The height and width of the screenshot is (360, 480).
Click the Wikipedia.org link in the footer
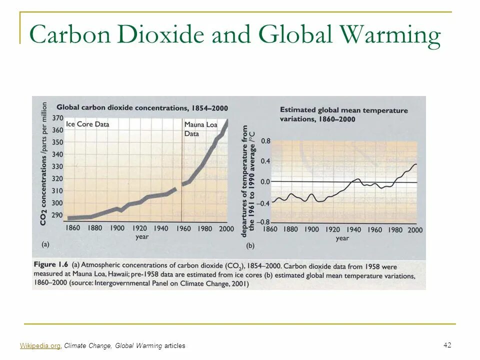point(40,345)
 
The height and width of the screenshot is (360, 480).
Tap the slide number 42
point(447,345)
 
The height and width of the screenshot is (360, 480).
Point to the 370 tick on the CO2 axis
point(57,118)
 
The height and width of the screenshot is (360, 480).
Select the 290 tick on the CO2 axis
point(57,215)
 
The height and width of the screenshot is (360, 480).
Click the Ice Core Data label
point(87,124)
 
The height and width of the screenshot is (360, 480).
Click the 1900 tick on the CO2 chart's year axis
point(117,228)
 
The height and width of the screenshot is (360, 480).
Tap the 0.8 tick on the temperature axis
point(265,141)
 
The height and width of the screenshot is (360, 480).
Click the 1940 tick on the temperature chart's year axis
point(353,230)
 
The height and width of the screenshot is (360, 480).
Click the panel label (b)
point(250,246)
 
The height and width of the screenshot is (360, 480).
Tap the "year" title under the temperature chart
point(342,238)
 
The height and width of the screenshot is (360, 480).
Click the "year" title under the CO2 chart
point(142,236)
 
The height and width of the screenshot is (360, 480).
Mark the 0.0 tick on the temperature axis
point(265,182)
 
